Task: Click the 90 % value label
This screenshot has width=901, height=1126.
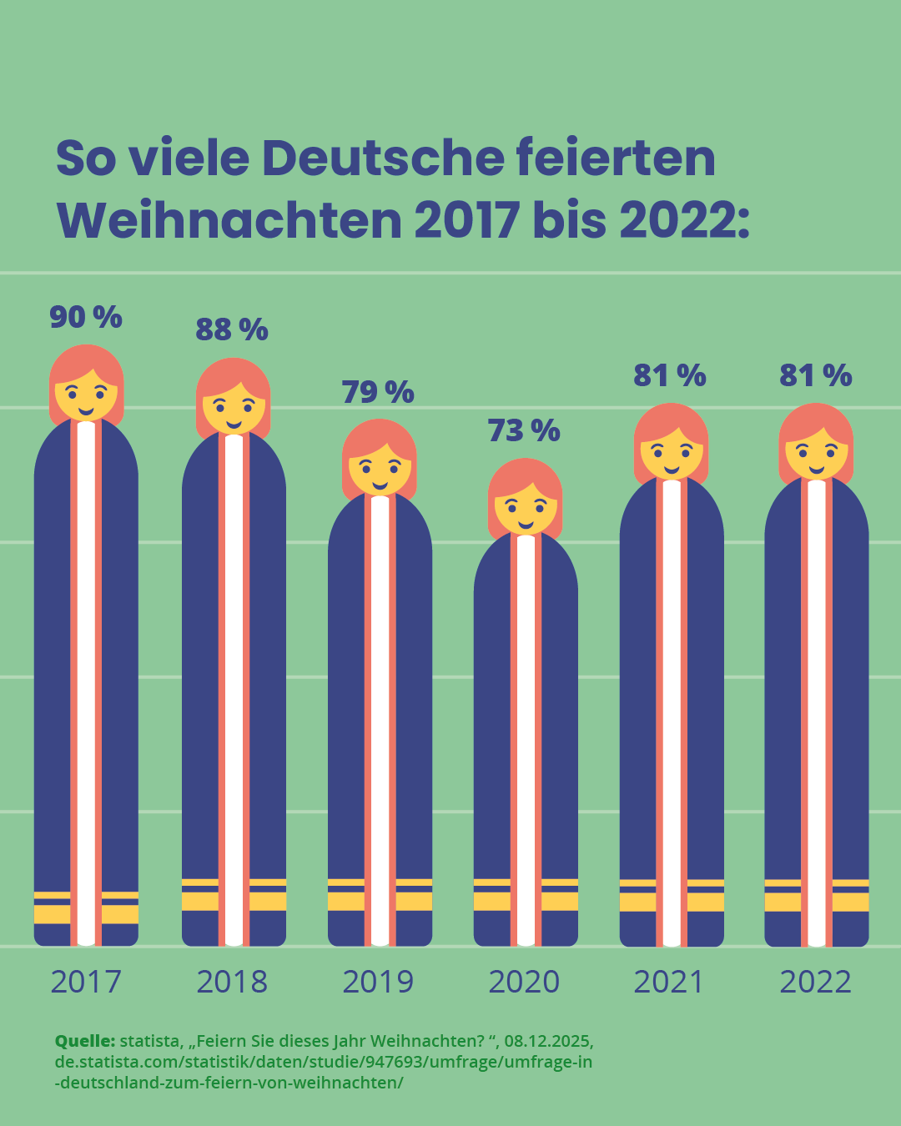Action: coord(86,318)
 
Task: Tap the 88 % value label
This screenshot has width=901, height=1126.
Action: coord(232,330)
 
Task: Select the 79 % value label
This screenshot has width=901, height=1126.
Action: coord(378,392)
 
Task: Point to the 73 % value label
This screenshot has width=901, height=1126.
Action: coord(524,431)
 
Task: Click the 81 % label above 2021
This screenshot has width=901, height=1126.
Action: coord(670,376)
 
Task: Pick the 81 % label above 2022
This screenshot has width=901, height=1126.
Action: coord(816,376)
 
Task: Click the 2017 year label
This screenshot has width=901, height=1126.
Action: coord(86,982)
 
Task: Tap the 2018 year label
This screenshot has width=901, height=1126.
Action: coord(232,982)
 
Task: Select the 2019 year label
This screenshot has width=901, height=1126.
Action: coord(378,982)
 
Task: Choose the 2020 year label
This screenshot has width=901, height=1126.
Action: coord(524,982)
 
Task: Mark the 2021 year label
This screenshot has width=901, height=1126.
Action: coord(669,982)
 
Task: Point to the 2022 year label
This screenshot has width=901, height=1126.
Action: coord(816,982)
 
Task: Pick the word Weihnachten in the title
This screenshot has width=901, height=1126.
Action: coord(229,220)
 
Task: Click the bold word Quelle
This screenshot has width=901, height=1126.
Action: coord(84,1041)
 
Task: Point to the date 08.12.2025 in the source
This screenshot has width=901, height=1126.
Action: coord(548,1041)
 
